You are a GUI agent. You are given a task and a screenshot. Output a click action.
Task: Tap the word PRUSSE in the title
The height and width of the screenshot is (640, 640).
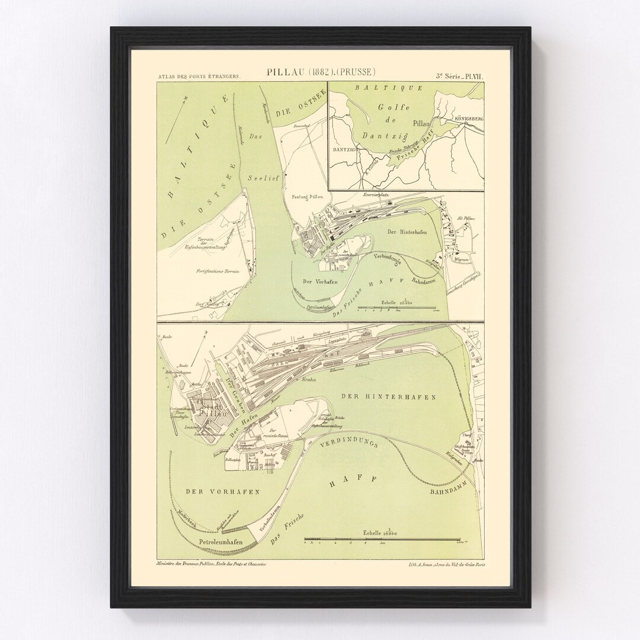tap(357, 73)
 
